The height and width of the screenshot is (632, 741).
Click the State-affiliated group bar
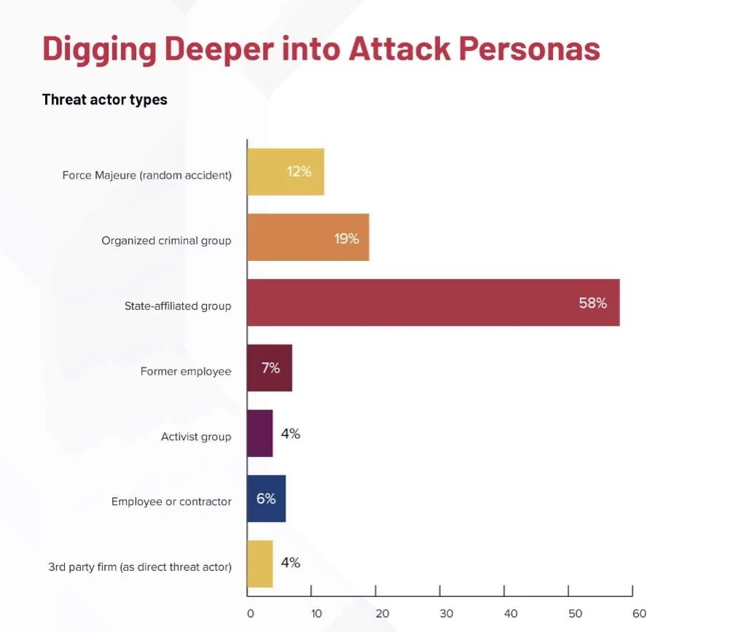(x=433, y=303)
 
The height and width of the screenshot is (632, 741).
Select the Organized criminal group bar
(x=307, y=238)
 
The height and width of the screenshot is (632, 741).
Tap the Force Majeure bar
(x=285, y=172)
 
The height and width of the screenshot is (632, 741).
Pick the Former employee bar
(x=269, y=368)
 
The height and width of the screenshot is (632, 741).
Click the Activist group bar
(x=259, y=434)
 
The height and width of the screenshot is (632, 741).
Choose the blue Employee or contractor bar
(x=266, y=499)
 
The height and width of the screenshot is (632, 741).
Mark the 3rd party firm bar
(x=259, y=563)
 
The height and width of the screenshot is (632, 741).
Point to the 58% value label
(x=592, y=303)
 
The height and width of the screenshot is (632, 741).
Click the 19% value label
(x=347, y=238)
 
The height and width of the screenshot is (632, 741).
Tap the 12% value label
(x=299, y=172)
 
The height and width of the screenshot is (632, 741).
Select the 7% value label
(x=270, y=368)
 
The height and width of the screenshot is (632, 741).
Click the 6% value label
(x=266, y=499)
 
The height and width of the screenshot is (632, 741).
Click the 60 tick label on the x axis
(x=639, y=614)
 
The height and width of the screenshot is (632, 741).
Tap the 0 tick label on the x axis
(x=250, y=614)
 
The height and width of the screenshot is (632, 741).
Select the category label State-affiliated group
(x=178, y=306)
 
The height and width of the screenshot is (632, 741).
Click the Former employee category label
(x=186, y=372)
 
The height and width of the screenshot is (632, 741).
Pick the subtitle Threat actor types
(x=105, y=100)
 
